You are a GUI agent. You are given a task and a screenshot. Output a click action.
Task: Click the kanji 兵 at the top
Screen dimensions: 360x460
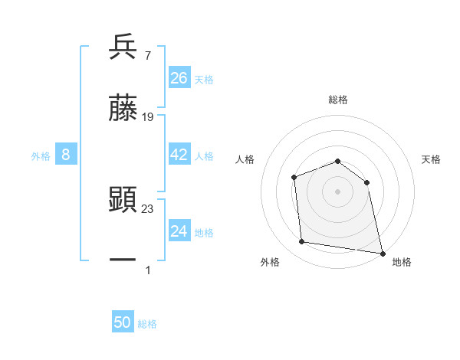[x=123, y=47]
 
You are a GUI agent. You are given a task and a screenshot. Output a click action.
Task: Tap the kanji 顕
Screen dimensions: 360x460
[x=123, y=200]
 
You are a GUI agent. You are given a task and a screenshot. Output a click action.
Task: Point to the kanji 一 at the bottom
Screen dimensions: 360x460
[x=123, y=260]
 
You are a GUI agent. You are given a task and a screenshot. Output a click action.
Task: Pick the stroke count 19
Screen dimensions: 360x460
[x=148, y=117]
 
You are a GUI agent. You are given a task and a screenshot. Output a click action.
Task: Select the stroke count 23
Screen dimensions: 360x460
[x=148, y=208]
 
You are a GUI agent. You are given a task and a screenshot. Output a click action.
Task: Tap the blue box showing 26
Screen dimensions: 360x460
[x=179, y=78]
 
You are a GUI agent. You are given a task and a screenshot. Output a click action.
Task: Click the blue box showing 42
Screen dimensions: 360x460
[x=179, y=155]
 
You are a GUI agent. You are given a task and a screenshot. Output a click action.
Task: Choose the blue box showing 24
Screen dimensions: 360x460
[x=179, y=231]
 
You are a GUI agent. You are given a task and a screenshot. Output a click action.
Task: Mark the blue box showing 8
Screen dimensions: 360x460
[x=66, y=155]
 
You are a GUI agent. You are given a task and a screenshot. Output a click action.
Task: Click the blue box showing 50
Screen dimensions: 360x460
[x=123, y=323]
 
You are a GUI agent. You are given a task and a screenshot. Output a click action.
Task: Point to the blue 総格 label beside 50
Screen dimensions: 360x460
[x=147, y=324]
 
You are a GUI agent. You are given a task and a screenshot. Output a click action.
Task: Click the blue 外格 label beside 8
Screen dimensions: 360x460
[x=41, y=156]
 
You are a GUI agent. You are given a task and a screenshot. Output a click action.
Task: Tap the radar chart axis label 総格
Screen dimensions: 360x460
[x=338, y=100]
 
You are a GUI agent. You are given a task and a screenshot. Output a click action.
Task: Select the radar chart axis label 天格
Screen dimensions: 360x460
[x=432, y=159]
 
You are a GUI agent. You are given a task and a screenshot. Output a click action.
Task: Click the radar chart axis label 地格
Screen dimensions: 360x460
[x=402, y=262]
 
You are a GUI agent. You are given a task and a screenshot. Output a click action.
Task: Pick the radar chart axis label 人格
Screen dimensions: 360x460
[x=245, y=159]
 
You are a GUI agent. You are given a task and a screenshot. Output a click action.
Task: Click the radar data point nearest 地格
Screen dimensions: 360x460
[x=382, y=253]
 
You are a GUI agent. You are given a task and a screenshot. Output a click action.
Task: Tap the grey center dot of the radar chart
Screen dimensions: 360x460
[x=338, y=191]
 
